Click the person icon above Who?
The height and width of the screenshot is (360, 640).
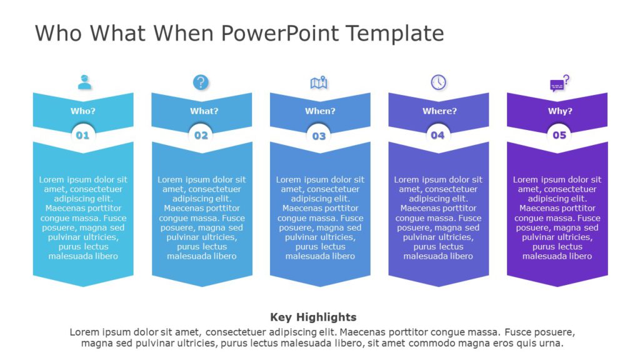pos(84,82)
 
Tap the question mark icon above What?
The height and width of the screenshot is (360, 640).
pos(201,82)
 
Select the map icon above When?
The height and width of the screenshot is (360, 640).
pos(319,82)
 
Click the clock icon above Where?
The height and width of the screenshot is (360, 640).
pos(439,82)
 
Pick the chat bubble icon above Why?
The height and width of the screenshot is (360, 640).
pos(559,83)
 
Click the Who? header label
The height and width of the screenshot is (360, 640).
pos(83,111)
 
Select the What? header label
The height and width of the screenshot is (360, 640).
pos(204,111)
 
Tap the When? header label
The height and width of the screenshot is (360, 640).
pos(320,111)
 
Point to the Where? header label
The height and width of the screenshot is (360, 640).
pos(439,111)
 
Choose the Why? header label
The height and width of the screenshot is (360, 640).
pos(560,111)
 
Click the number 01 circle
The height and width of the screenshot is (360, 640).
pos(82,134)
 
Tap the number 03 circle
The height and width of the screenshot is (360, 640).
pos(319,136)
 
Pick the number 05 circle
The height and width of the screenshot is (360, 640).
pos(559,134)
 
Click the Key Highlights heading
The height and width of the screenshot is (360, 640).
pos(313,317)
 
